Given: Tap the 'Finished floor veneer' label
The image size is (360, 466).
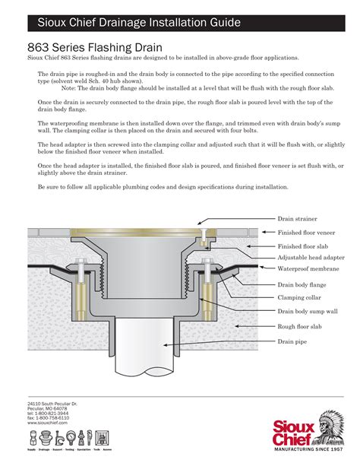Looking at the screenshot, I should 306,232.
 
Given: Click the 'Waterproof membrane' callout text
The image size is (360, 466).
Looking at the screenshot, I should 307,268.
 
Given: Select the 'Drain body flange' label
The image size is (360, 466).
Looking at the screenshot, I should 302,284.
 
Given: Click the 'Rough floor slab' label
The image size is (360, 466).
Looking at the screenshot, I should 300,328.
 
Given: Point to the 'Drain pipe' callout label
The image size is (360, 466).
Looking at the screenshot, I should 292,342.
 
